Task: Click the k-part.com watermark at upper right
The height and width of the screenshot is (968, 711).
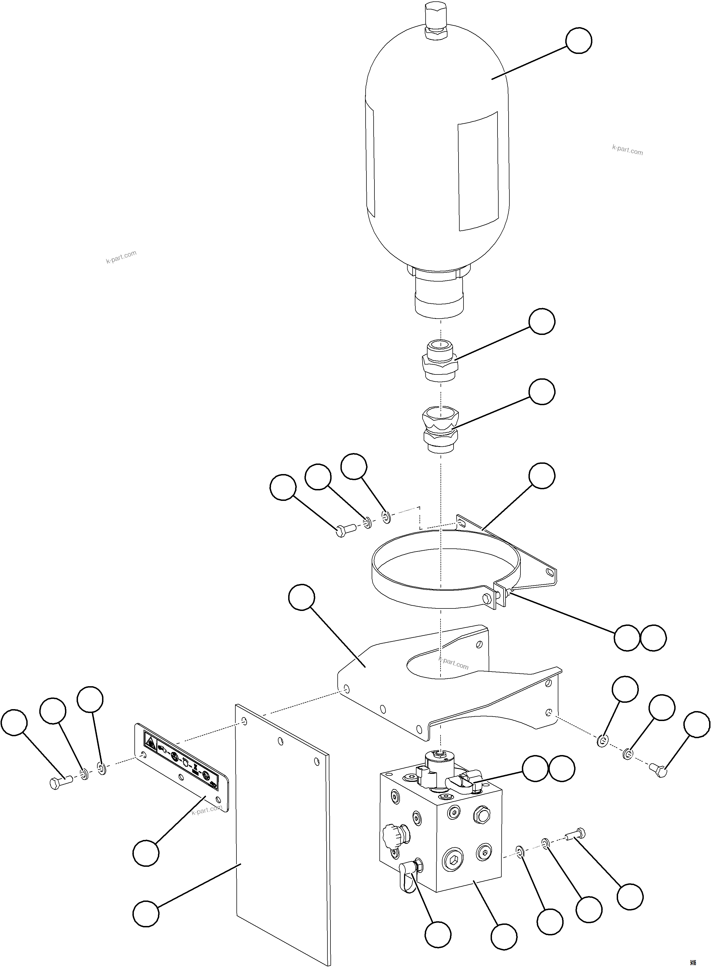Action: click(627, 150)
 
